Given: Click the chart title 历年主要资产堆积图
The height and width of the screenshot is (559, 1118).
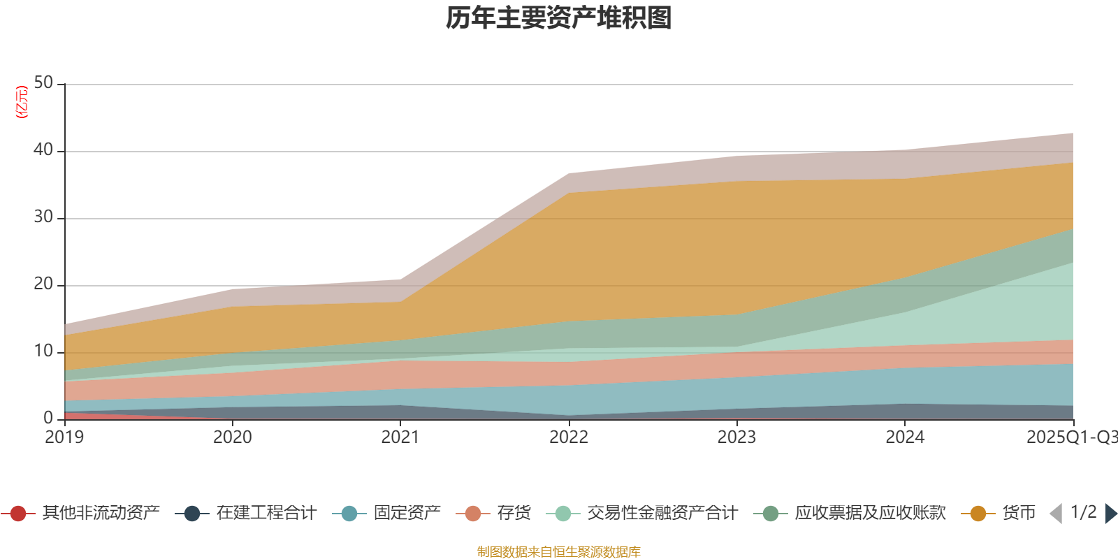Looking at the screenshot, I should coord(559,18).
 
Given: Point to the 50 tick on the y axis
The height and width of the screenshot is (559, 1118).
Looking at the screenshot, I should coord(43,82).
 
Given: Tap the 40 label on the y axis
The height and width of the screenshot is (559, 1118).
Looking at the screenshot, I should coord(43,150).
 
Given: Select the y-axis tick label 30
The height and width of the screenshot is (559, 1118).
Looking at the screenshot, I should coord(43,217).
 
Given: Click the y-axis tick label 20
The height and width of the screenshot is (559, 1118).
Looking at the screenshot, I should coord(43,284).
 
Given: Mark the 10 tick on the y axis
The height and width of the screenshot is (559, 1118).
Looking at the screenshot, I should coord(43,351).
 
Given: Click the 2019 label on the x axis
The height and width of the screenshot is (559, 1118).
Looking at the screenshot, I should coord(64,437).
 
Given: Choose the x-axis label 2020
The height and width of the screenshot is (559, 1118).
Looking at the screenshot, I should coord(233,437).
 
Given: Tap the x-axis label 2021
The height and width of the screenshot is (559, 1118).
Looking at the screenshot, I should coord(400,437).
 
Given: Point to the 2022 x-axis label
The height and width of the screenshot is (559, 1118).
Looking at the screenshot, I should coord(569,437).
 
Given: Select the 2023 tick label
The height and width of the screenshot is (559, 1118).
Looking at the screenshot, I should coord(736,437).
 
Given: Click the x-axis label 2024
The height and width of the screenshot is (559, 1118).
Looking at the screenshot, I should coord(905,437).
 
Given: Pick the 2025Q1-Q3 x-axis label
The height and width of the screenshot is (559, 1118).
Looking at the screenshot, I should coord(1071,437).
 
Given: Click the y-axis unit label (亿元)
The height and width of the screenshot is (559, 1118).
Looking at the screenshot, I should coord(22,102).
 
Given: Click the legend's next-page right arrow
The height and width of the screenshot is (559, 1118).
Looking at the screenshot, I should coord(1111,514).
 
